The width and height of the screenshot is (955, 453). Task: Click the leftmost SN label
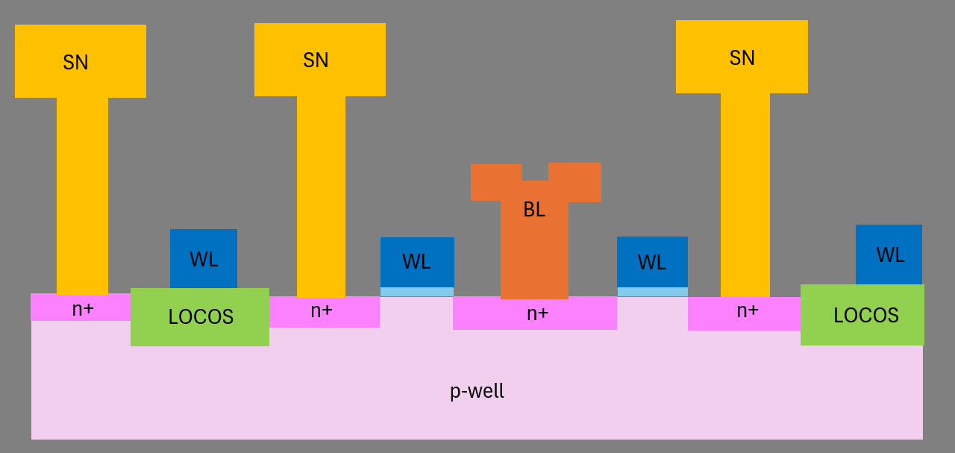pos(75,63)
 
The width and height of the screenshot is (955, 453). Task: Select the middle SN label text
pos(316,60)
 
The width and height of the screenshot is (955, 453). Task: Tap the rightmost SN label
pos(742,58)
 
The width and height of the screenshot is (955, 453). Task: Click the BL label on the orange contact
pos(534,210)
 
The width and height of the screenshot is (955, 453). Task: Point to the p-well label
pos(477,391)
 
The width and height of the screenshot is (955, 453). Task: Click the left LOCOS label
pos(201,317)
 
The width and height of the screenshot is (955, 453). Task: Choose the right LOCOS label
pos(865,315)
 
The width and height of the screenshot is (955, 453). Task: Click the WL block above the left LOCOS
pos(204,259)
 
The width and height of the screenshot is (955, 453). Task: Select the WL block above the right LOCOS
pos(889,254)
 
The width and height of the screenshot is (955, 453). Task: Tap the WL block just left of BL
pos(417,262)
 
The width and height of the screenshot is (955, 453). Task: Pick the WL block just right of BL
pos(652,262)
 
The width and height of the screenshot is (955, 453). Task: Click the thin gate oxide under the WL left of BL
pos(417,292)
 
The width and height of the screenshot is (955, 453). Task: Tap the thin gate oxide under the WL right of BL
pos(652,292)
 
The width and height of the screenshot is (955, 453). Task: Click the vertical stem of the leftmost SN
pos(82,194)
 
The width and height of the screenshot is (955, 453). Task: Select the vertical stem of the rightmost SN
pos(745,194)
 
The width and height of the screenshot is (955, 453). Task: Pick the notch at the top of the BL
pos(535,171)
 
